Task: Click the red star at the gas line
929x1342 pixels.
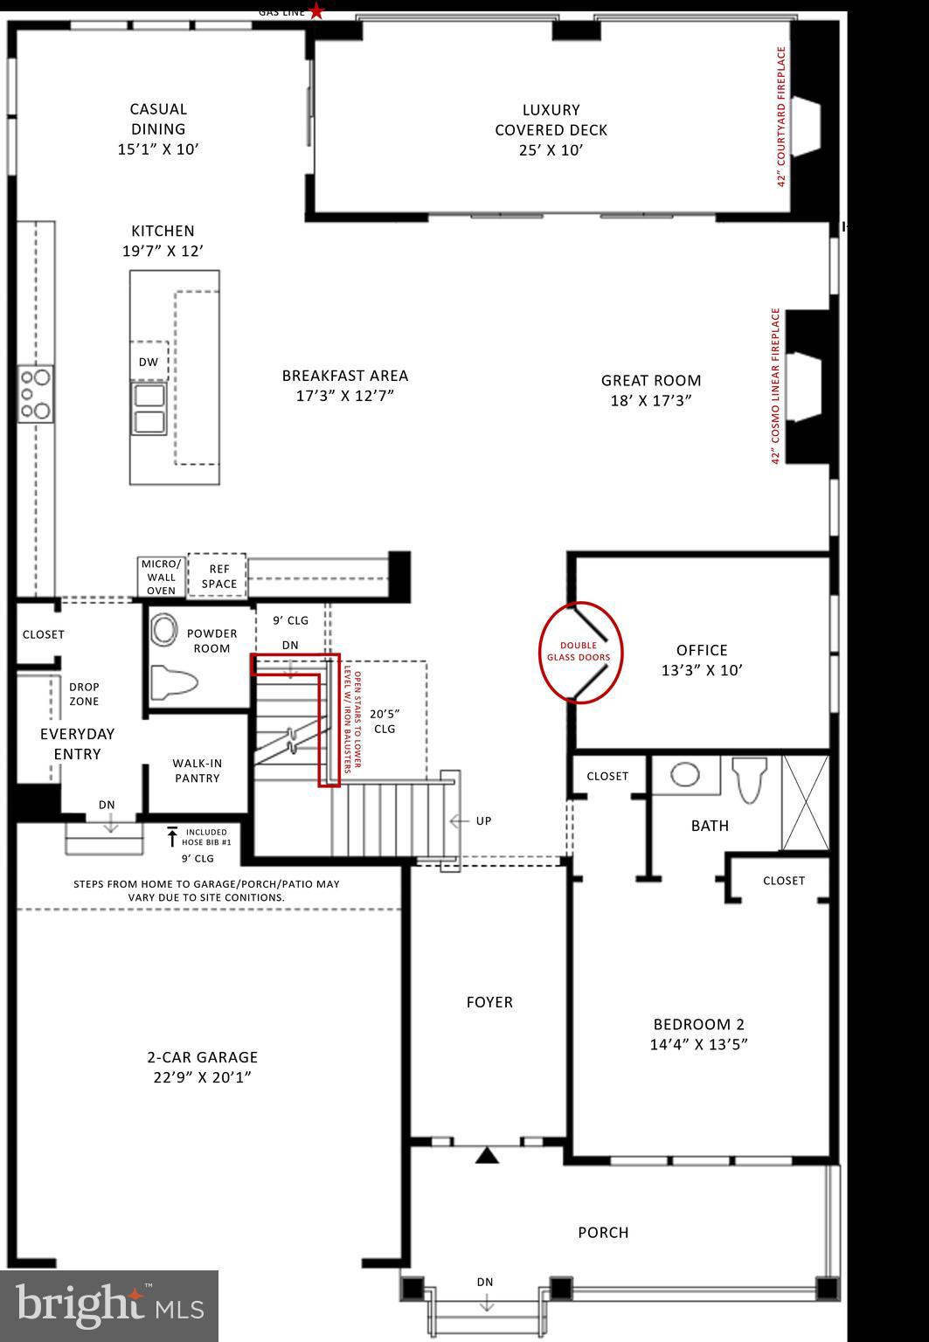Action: click(x=316, y=11)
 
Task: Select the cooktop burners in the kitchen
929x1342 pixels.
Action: click(x=36, y=394)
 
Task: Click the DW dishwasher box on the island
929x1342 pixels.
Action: click(x=149, y=362)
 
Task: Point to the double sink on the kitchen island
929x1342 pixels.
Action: click(x=149, y=409)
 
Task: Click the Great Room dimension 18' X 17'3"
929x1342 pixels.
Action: click(x=650, y=401)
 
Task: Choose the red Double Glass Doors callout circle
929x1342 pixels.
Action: click(x=580, y=652)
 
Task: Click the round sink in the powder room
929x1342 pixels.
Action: click(x=163, y=629)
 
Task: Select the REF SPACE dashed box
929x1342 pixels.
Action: click(x=218, y=576)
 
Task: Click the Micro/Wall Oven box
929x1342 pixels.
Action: click(x=162, y=578)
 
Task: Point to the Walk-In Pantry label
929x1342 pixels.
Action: click(x=197, y=771)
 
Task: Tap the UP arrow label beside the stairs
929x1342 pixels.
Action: click(x=472, y=821)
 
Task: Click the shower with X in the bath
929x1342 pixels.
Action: click(x=805, y=803)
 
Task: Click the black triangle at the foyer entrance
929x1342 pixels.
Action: click(x=487, y=1156)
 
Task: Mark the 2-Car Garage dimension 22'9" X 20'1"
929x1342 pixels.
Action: click(x=202, y=1077)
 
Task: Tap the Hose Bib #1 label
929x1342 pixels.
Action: click(x=206, y=837)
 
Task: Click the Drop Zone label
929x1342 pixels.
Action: click(x=84, y=694)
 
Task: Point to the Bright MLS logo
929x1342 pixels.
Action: click(x=109, y=1305)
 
